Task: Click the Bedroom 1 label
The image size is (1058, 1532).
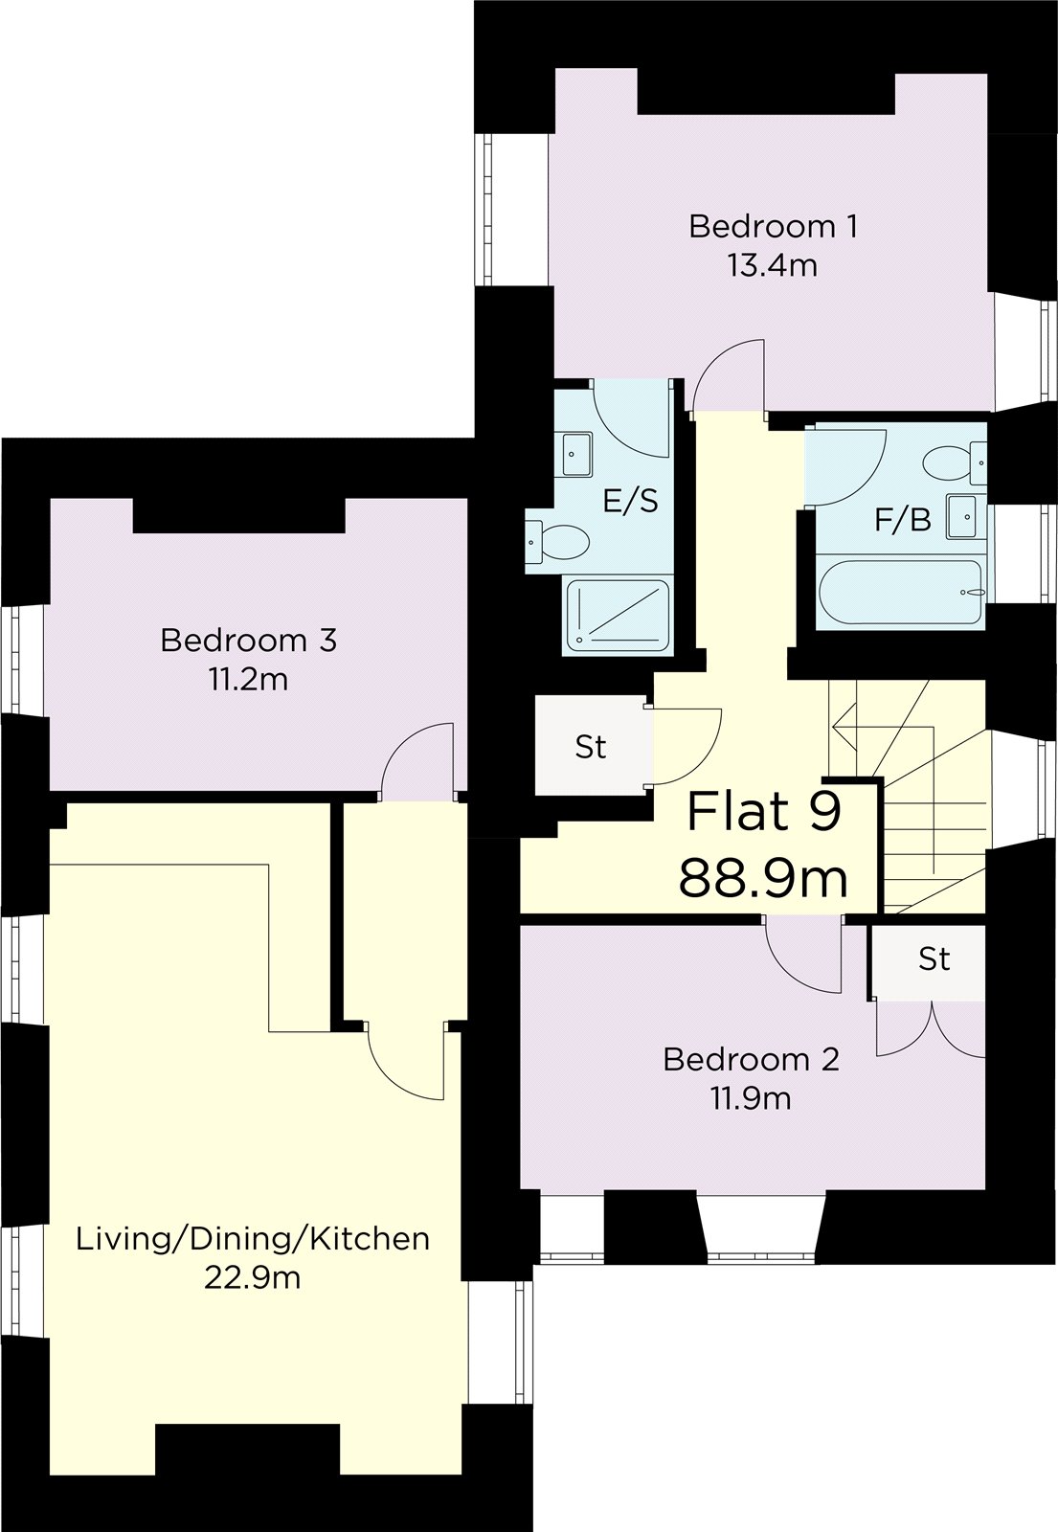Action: point(773,227)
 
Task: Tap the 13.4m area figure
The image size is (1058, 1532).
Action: point(773,265)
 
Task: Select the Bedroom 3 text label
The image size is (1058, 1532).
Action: point(248,640)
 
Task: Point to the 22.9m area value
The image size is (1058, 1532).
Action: point(252,1277)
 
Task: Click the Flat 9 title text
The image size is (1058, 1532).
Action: point(764,812)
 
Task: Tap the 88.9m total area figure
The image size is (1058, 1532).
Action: point(763,878)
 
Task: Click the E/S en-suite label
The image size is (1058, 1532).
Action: point(630,501)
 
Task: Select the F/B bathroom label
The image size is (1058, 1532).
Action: point(902,521)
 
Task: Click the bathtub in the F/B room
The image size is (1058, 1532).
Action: point(900,592)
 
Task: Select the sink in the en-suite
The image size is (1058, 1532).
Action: point(576,453)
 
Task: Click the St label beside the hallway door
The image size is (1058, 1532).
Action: point(591,747)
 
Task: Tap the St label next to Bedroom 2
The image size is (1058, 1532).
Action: point(934,958)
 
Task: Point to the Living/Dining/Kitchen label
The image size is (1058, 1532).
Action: point(252,1239)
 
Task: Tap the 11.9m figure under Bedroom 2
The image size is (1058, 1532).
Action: point(750,1098)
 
